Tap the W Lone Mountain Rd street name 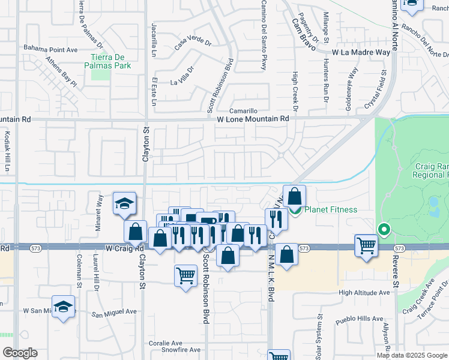[x=253, y=119]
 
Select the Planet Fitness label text [x=331, y=209]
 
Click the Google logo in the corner [x=19, y=353]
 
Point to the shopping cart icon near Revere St [x=366, y=245]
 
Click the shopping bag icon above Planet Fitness [x=295, y=196]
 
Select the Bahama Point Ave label [x=51, y=48]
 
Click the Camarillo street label [x=245, y=111]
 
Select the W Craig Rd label [x=125, y=248]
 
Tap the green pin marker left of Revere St [x=384, y=229]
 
